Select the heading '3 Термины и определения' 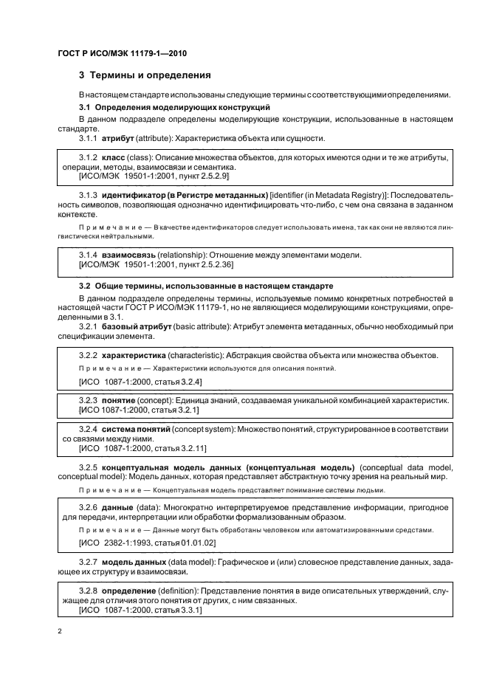pos(145,75)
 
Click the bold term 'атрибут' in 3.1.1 pos(117,138)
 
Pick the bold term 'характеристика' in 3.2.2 pos(135,356)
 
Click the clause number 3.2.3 pos(88,399)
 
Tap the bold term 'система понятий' pos(136,428)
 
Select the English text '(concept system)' pos(205,428)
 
